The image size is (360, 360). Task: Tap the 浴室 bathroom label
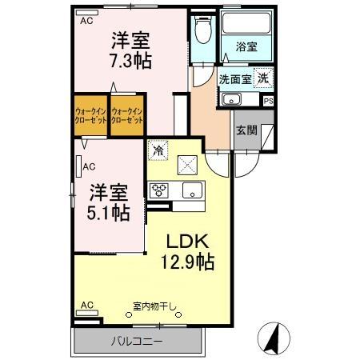246,47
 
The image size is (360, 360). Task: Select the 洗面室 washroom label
235,79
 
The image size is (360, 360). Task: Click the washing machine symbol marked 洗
262,78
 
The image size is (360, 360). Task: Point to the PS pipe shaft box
268,100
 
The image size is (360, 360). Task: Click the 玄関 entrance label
246,130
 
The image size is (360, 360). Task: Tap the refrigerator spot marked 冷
158,150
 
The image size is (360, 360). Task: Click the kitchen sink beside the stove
192,190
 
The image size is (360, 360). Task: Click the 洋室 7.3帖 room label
130,50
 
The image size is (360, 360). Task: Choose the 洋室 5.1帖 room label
109,202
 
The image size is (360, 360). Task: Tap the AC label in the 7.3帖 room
86,22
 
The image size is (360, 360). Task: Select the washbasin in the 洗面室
232,99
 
